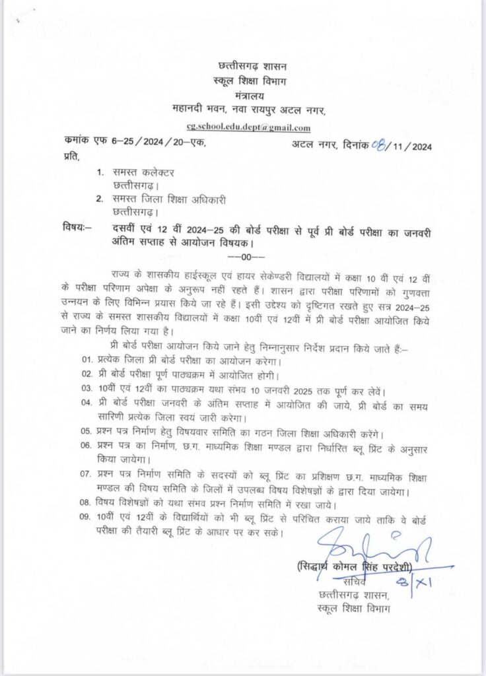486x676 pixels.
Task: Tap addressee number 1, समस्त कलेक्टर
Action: tap(142, 173)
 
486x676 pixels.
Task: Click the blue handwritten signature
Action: tap(373, 549)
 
